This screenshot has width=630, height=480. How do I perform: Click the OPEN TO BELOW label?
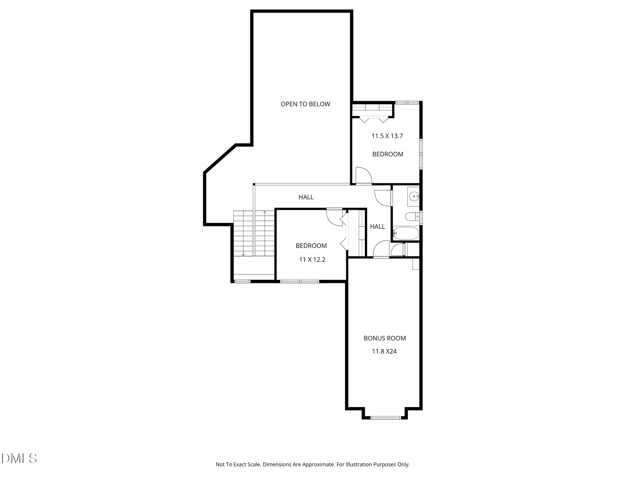[305, 104]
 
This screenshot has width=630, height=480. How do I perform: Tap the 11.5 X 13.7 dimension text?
[387, 136]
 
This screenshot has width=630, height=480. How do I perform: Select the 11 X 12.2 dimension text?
[312, 259]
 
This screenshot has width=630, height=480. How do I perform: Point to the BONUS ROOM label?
[385, 338]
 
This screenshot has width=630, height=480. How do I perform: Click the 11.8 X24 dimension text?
[384, 351]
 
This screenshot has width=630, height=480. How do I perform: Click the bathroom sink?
[414, 196]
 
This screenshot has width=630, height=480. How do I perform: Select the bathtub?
[406, 233]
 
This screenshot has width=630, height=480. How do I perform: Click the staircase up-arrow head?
[265, 212]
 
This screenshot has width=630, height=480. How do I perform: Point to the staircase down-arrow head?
[243, 255]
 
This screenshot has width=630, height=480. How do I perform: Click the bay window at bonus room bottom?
[386, 418]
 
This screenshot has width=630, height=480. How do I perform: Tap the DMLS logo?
[19, 458]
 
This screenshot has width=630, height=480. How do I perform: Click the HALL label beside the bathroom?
[377, 226]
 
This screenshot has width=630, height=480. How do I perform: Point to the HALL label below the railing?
[306, 197]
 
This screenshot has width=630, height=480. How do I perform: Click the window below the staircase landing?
[242, 281]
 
